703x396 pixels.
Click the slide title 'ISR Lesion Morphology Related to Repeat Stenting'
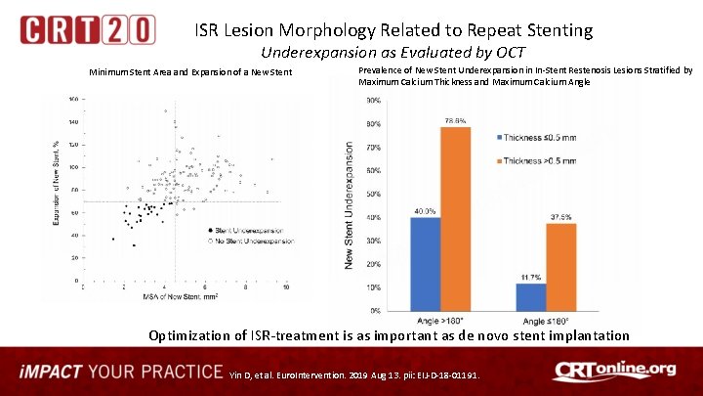tap(393, 30)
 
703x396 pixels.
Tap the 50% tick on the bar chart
tap(372, 194)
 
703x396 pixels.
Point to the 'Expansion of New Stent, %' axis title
tap(57, 182)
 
